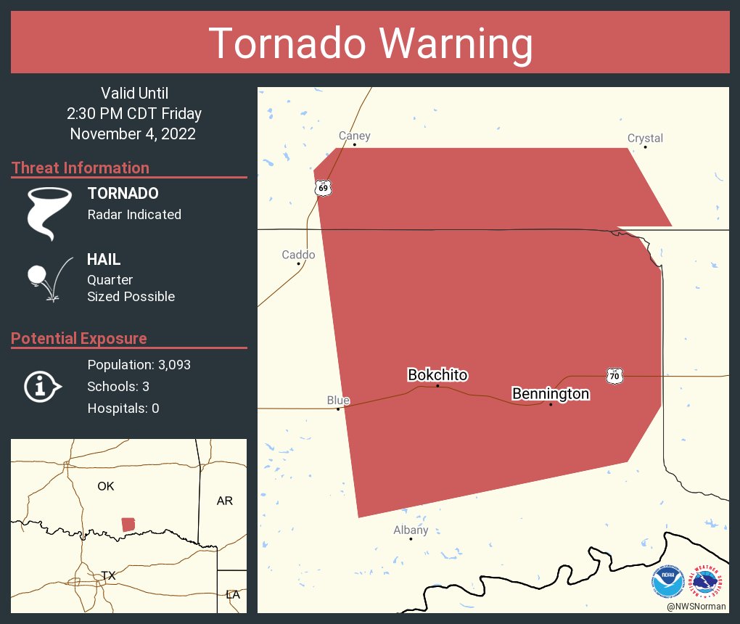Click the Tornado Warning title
[370, 44]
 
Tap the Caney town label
[355, 136]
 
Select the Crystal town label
[645, 138]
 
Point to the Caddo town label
[298, 255]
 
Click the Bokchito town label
[437, 375]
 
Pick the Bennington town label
[551, 394]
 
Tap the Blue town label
[338, 401]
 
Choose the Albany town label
[411, 530]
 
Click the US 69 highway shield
[323, 189]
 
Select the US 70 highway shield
[614, 376]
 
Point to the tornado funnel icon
[49, 213]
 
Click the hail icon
[47, 278]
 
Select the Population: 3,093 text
[139, 365]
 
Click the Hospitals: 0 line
[123, 409]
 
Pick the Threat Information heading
[81, 168]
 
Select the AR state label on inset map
[225, 501]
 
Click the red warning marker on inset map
[128, 524]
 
